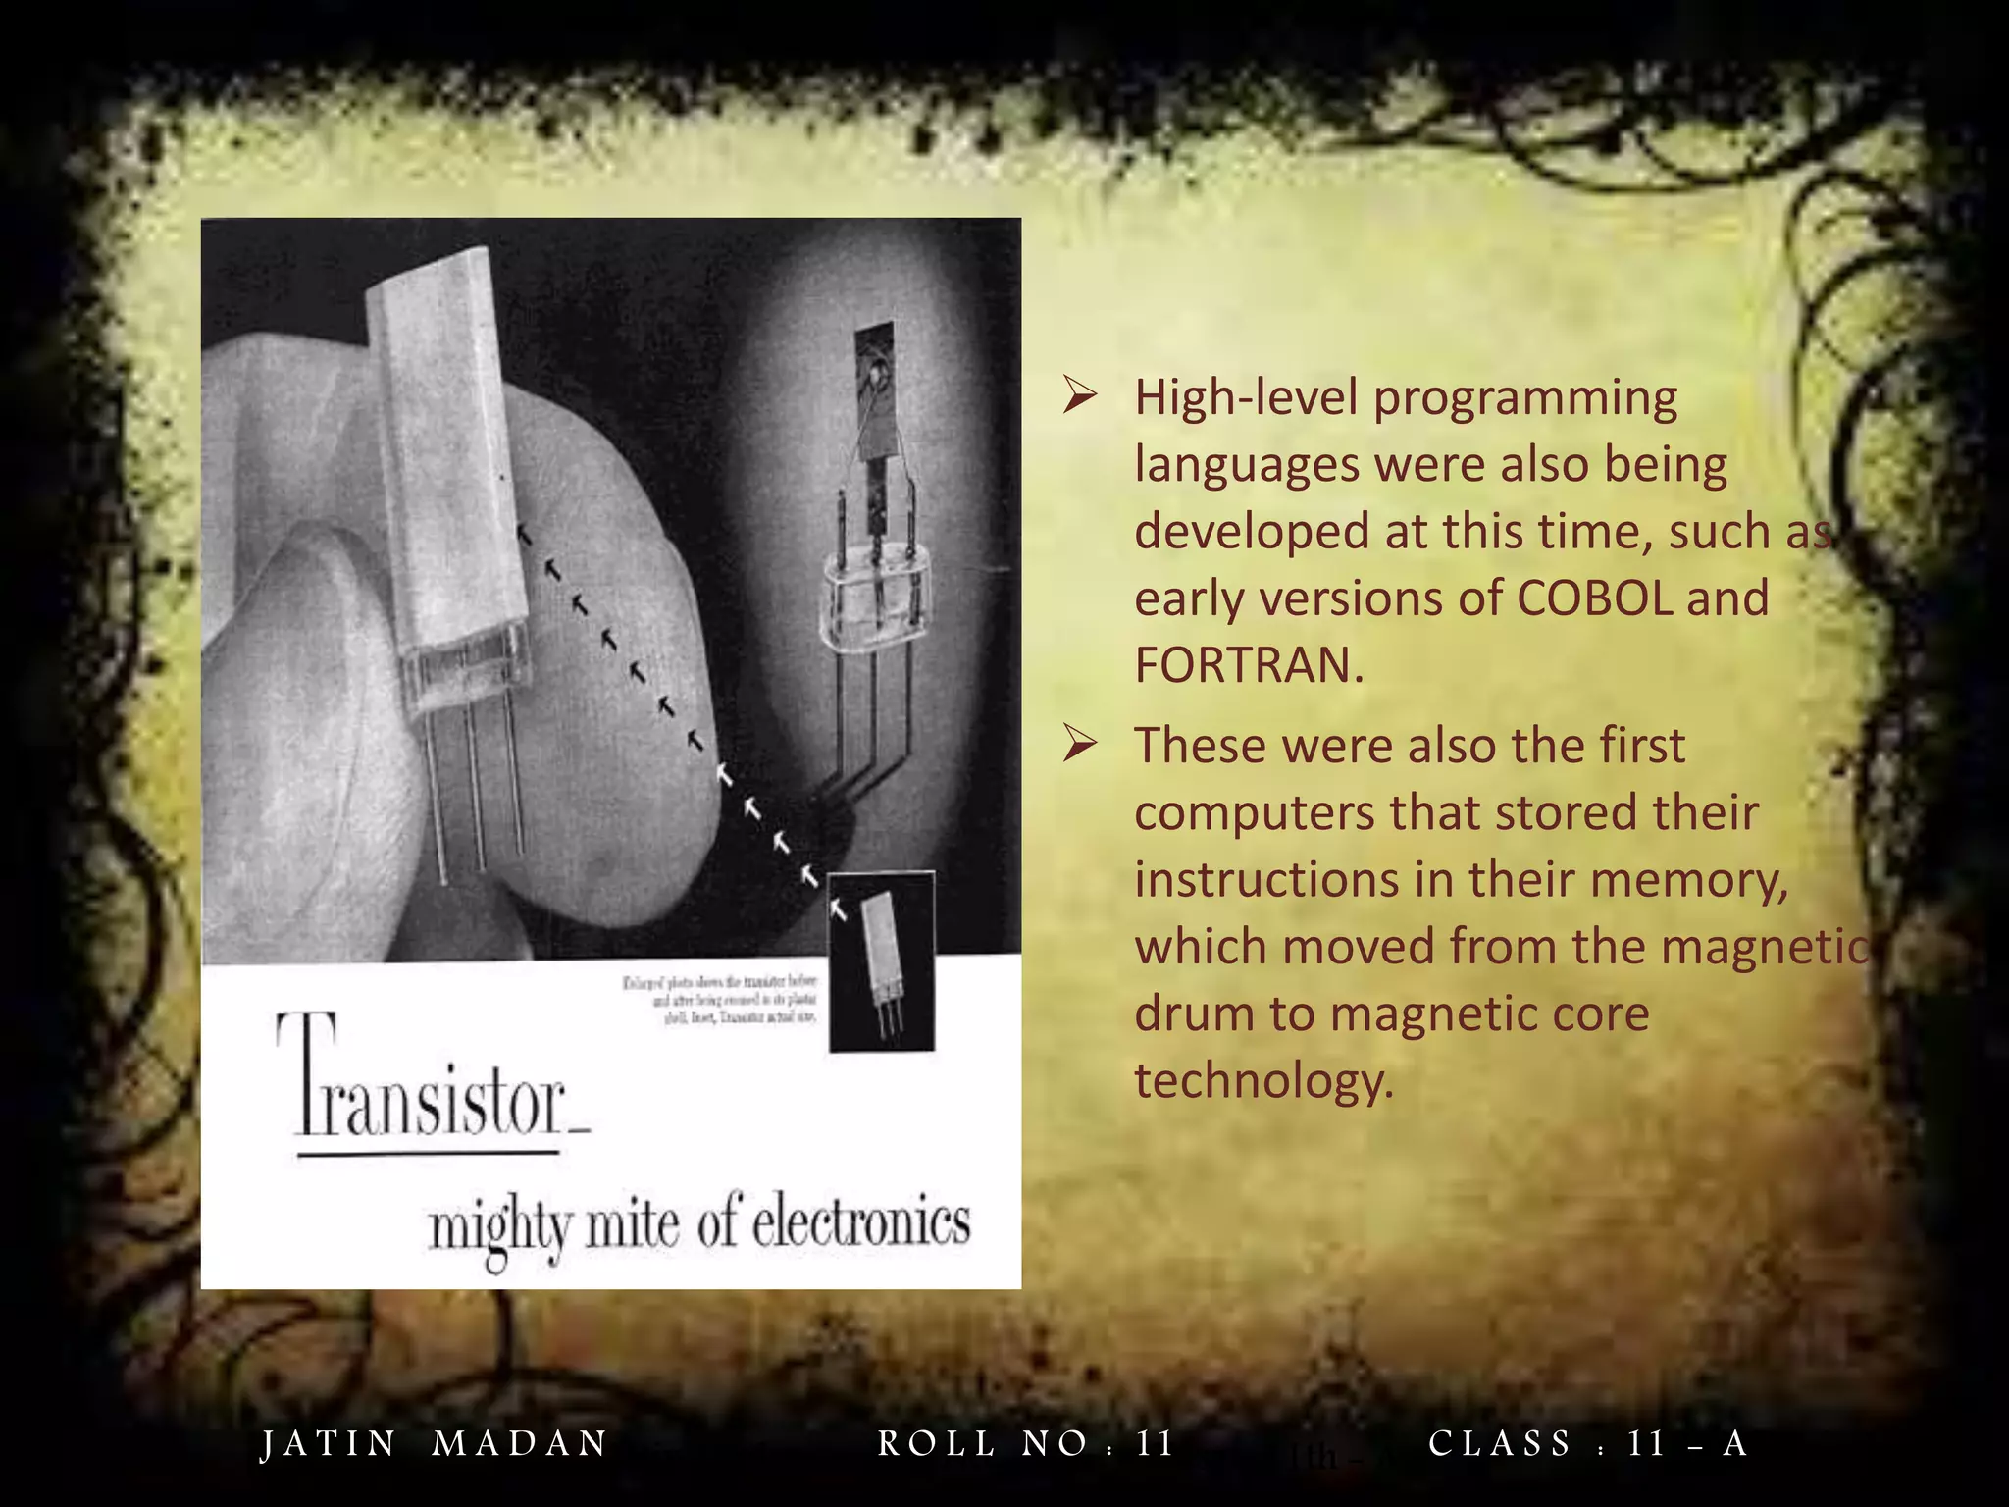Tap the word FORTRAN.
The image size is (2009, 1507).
[x=1248, y=665]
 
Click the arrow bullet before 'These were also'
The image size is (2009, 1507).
[x=1079, y=746]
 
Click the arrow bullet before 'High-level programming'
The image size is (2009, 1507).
[x=1079, y=397]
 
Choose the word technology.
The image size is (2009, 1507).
[x=1263, y=1081]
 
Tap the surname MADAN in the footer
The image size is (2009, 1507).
[x=520, y=1444]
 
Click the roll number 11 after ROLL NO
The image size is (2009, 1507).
[x=1155, y=1444]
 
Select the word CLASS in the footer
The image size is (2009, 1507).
[x=1500, y=1444]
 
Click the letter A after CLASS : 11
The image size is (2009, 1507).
[x=1735, y=1444]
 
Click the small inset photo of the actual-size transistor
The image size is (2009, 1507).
[x=881, y=961]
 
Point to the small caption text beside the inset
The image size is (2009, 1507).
[x=721, y=1000]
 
